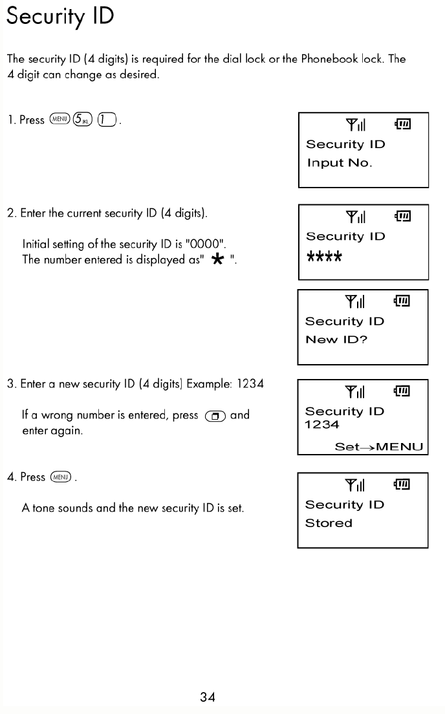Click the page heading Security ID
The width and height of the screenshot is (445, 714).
[60, 17]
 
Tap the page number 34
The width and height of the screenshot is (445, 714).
[207, 697]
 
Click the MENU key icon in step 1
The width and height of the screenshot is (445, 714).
[60, 120]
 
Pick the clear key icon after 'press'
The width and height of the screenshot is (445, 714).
[213, 416]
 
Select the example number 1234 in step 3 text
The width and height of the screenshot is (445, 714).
[250, 384]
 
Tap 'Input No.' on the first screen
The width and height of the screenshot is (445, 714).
[340, 163]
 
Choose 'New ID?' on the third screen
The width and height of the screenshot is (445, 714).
[336, 340]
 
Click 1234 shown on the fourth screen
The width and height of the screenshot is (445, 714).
[322, 425]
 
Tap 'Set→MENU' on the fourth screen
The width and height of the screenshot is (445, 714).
[378, 447]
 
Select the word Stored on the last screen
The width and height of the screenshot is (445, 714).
[329, 523]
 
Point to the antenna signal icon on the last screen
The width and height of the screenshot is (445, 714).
[355, 485]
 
